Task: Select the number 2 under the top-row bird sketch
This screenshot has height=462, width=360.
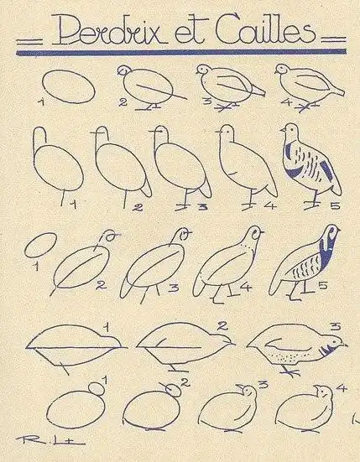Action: tap(123, 103)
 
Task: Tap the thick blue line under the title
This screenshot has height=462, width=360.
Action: tap(180, 52)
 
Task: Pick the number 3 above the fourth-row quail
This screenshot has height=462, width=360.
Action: tap(333, 326)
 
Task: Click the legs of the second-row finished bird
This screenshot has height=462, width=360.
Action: tap(313, 199)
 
